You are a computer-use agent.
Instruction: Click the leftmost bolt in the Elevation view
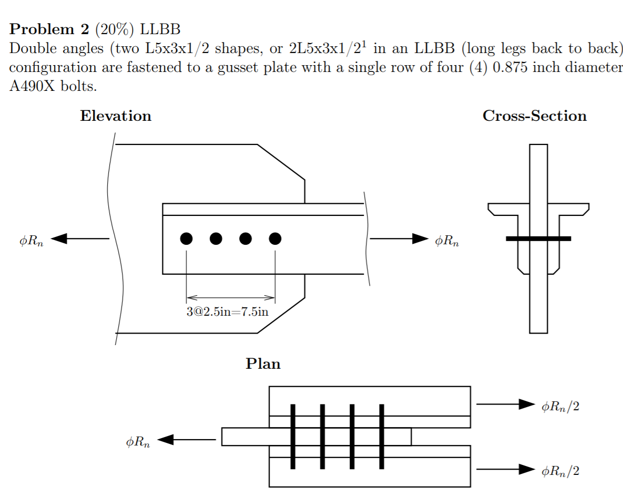click(x=186, y=238)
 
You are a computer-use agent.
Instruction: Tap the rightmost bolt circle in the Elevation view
click(x=275, y=238)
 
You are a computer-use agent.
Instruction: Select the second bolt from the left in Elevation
click(x=216, y=238)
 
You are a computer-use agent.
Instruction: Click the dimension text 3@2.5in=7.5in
click(x=228, y=312)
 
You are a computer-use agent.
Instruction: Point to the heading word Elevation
click(x=116, y=116)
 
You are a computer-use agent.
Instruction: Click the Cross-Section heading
click(x=534, y=116)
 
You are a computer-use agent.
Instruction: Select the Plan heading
click(x=263, y=364)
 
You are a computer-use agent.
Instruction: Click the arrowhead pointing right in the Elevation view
click(x=420, y=239)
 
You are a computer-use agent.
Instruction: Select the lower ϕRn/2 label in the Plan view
click(x=560, y=471)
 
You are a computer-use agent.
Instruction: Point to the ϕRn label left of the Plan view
click(x=138, y=442)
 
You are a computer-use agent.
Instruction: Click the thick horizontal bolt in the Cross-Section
click(x=538, y=238)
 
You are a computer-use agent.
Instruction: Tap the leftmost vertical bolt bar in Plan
click(x=293, y=437)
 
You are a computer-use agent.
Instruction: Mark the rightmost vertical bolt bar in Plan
click(x=381, y=437)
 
